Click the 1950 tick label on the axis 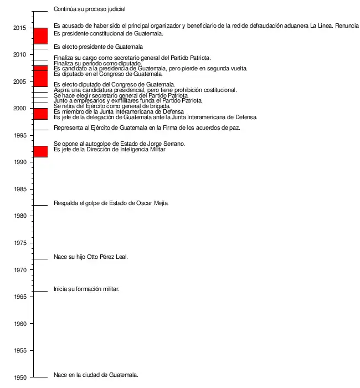21,377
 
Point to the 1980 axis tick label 21,216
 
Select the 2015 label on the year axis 21,28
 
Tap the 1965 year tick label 21,297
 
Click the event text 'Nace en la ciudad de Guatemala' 96,375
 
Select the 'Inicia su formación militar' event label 86,289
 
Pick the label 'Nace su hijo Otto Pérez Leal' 91,257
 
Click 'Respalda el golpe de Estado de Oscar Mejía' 111,203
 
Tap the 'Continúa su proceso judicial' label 89,9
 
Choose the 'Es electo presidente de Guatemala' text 98,47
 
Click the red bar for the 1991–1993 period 40,151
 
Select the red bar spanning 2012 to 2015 40,35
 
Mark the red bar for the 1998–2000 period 40,114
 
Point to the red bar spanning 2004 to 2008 40,76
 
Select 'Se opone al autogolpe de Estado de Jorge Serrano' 119,144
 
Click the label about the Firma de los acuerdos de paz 146,128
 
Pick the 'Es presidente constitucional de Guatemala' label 108,33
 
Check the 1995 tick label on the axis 21,135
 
